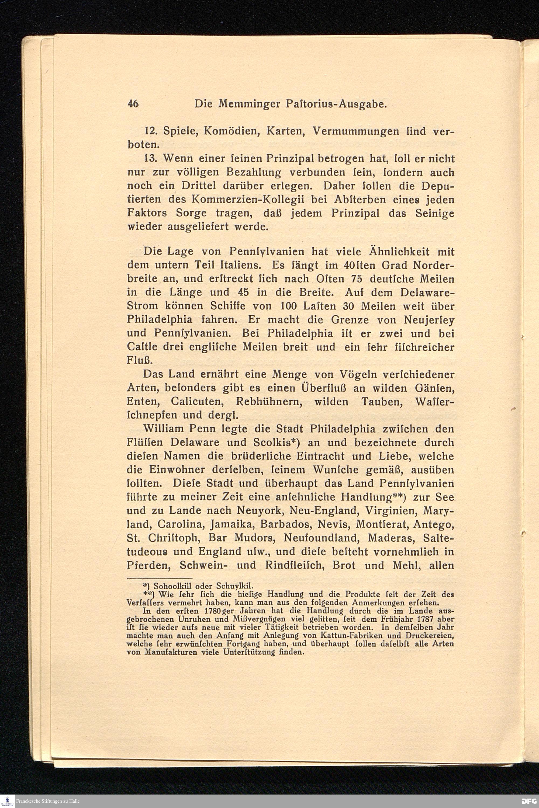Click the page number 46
pos(133,103)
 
